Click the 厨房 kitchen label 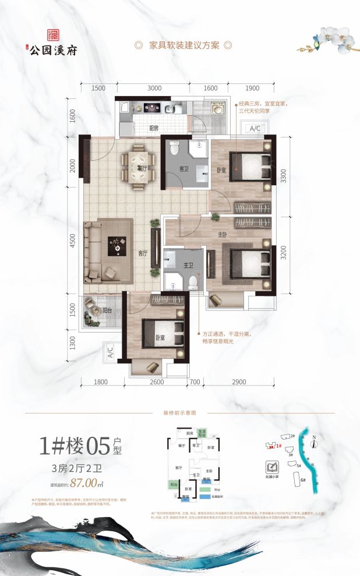[154, 128]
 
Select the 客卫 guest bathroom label [184, 169]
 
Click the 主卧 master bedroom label [223, 234]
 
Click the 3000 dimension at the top [154, 88]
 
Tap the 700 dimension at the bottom [193, 381]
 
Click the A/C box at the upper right [254, 129]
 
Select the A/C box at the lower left [110, 352]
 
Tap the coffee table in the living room [118, 245]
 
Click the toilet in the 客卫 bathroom [172, 150]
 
